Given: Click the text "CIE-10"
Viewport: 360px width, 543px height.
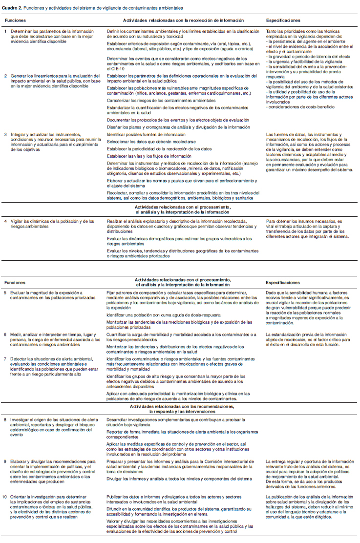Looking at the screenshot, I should [x=115, y=68].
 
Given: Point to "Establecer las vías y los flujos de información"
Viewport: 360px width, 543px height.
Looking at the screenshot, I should [x=149, y=156].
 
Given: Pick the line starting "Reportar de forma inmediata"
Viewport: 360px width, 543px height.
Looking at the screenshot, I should [x=181, y=434].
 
